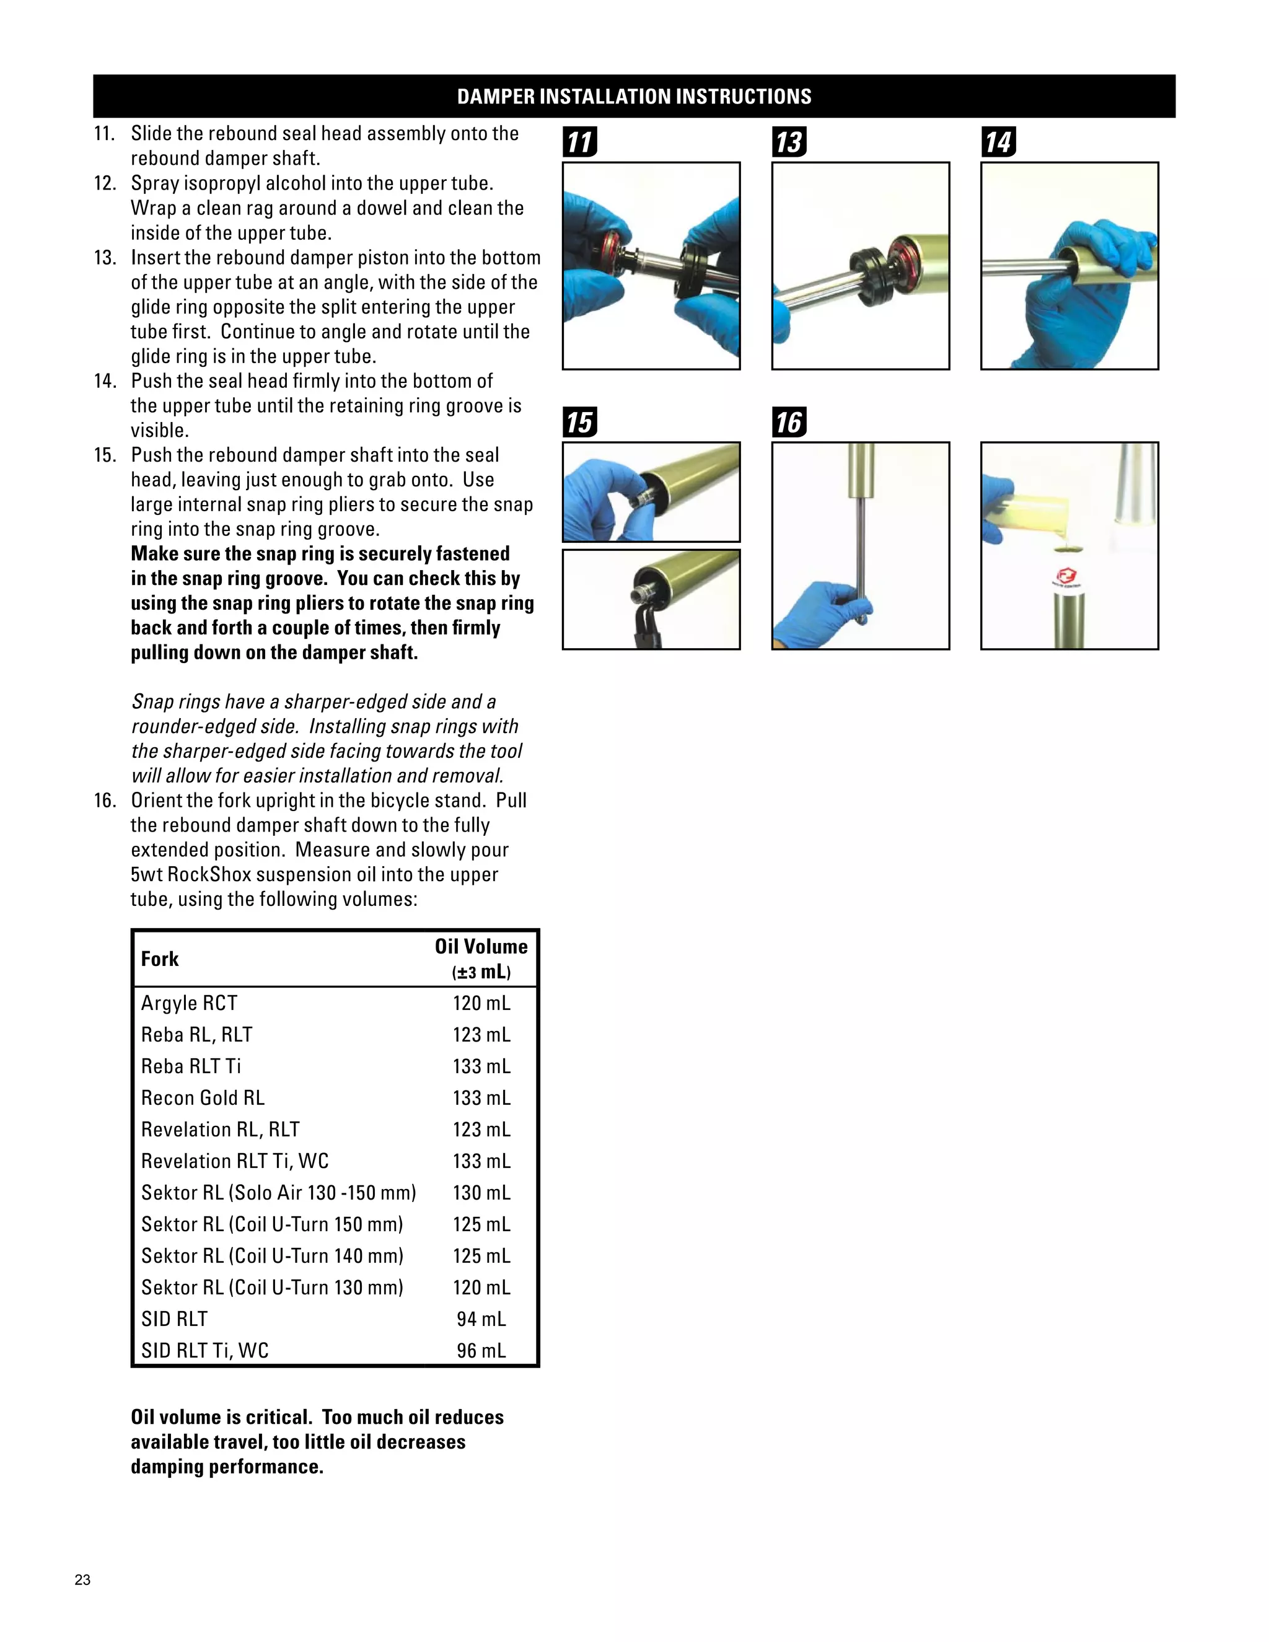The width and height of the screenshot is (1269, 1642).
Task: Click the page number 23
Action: pos(82,1579)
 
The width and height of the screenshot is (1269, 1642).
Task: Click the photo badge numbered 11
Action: pos(579,142)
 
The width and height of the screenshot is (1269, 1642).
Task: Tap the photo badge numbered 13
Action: pos(789,142)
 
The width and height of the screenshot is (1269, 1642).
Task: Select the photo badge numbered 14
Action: pos(998,142)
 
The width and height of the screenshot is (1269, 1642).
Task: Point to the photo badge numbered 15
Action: pos(579,422)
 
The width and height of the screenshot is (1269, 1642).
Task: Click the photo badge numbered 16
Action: pos(789,422)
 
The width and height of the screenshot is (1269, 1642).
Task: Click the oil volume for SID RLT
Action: pos(481,1319)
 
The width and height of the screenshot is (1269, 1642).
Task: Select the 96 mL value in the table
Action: pos(481,1350)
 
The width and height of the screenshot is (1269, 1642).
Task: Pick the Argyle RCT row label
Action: pos(190,1003)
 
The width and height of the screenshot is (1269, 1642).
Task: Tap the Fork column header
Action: pos(160,959)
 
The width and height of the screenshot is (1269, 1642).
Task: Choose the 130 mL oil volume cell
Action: pos(481,1192)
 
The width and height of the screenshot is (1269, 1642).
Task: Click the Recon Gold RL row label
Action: pos(203,1098)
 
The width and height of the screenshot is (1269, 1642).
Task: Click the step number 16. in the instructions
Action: pos(105,800)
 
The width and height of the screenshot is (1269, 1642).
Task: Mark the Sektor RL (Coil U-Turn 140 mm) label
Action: pos(272,1255)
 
